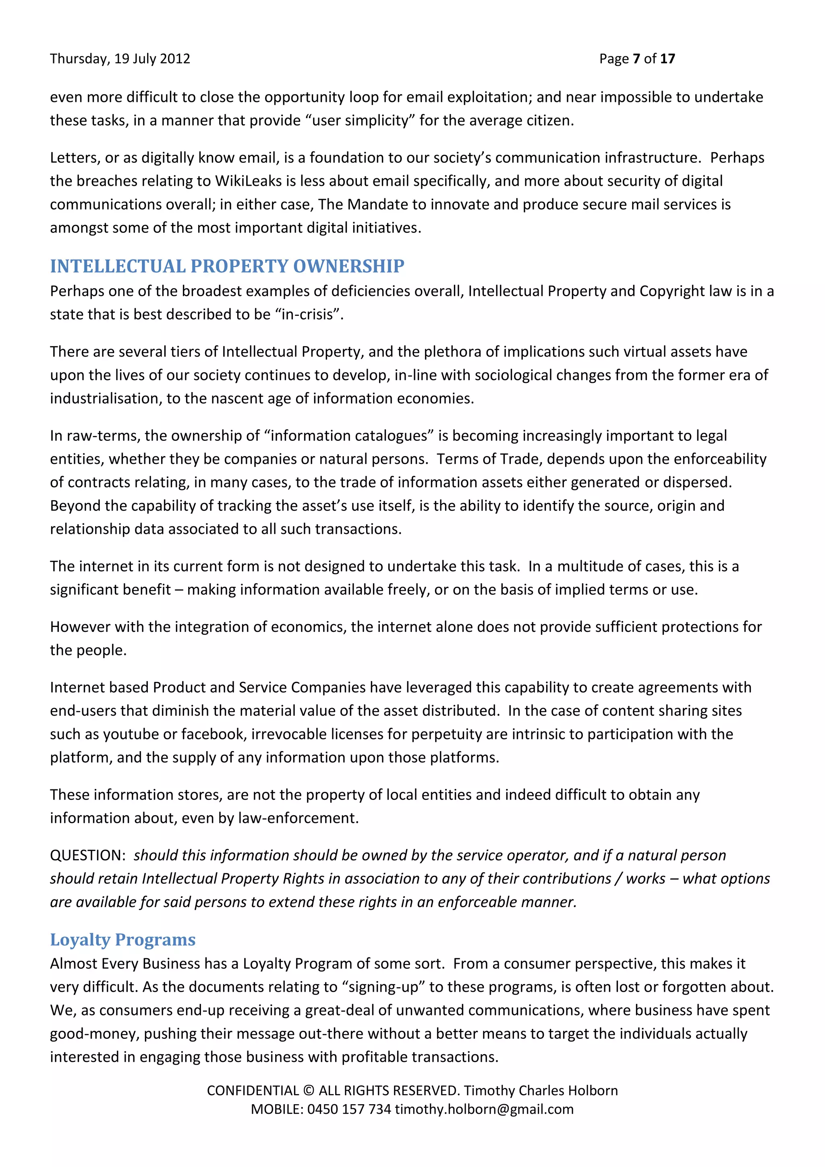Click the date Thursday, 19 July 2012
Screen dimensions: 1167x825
coord(120,59)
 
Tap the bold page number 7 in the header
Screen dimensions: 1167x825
coord(636,59)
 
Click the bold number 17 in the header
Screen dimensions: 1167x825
coord(667,59)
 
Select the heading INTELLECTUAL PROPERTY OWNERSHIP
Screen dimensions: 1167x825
coord(227,266)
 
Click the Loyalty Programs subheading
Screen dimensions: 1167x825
coord(122,940)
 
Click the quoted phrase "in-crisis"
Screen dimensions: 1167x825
coord(308,315)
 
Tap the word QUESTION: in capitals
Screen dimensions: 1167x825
coord(87,856)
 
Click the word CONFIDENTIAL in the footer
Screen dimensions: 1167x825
coord(253,1091)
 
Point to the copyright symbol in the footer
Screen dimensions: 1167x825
coord(308,1091)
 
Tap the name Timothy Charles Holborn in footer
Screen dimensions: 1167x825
coord(541,1091)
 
